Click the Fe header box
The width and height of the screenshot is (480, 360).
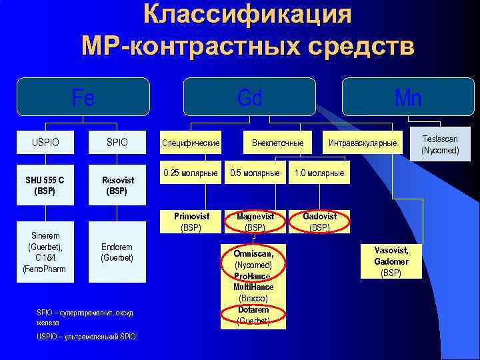[83, 98]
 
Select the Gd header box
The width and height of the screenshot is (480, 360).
[249, 98]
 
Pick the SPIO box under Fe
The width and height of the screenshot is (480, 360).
[117, 143]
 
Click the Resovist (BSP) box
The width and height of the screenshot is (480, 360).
[117, 185]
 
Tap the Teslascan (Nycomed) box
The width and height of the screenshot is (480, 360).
[440, 145]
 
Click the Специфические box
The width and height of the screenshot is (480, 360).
[191, 143]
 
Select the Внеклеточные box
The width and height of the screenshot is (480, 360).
[277, 143]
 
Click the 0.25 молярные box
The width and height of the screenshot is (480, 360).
[191, 173]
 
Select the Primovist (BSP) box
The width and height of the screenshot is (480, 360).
[191, 221]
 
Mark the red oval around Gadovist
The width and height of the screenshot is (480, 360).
[319, 221]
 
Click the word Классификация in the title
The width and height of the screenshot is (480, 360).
[247, 15]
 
